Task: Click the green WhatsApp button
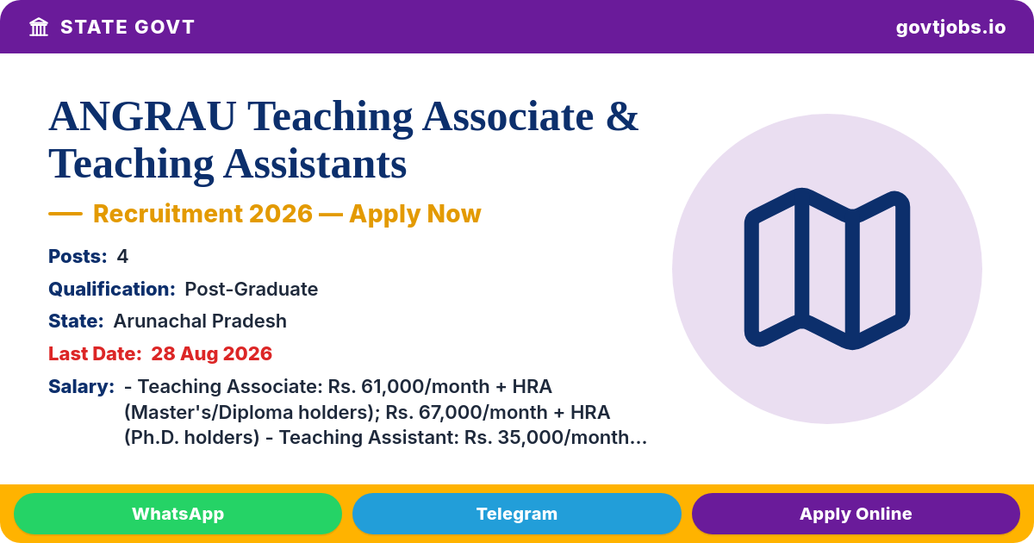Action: tap(178, 514)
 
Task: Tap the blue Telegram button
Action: tap(516, 514)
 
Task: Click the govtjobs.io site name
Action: tap(950, 28)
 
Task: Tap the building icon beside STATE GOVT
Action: tap(39, 28)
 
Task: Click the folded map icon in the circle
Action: tap(826, 269)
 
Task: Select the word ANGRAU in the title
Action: tap(142, 116)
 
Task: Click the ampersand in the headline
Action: tap(622, 116)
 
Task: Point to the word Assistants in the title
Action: tap(315, 164)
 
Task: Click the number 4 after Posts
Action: tap(122, 256)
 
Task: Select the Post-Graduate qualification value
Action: tap(251, 289)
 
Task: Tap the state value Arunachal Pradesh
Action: tap(200, 321)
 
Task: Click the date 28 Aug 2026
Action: tap(211, 353)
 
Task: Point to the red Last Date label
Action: tap(95, 353)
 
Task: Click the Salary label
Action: tap(81, 386)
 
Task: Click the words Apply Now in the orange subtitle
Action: tap(415, 214)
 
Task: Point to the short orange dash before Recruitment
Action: tap(65, 214)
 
